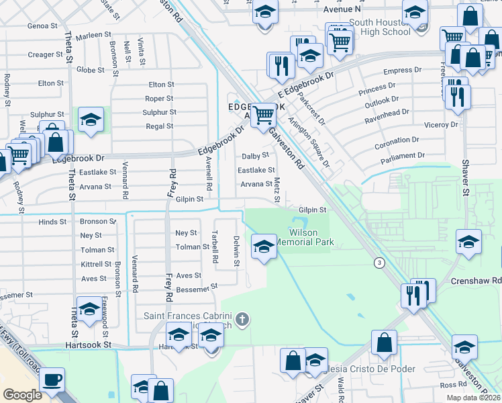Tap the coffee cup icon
pos(52,380)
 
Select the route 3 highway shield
pos(380,263)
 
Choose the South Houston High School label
pos(379,26)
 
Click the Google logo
pos(23,394)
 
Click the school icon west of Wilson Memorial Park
pos(264,247)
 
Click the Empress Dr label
pos(402,70)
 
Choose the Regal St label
pos(160,126)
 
